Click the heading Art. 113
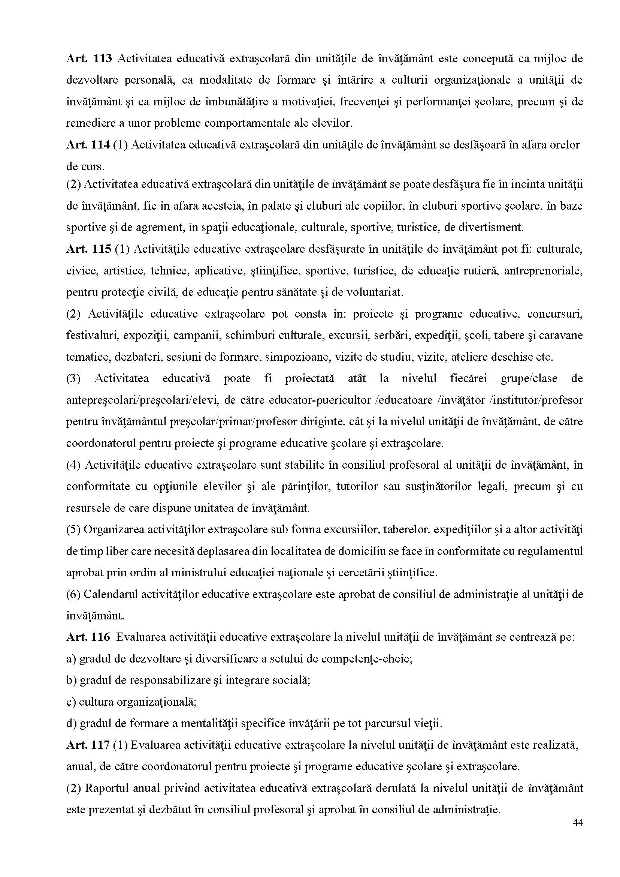[x=88, y=59]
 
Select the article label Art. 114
[x=88, y=145]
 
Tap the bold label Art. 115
[x=88, y=249]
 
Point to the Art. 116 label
[x=88, y=637]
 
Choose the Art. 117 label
[x=88, y=745]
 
